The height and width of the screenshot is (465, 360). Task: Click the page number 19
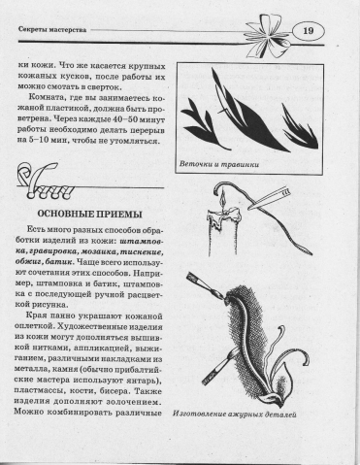tap(309, 31)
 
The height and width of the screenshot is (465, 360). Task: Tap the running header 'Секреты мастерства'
tap(52, 30)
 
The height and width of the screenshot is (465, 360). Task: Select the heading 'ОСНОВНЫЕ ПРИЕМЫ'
tap(90, 215)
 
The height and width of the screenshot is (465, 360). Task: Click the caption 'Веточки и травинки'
tap(219, 164)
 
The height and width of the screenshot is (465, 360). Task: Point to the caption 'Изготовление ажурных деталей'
tap(235, 414)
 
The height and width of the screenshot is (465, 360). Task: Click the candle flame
tap(222, 201)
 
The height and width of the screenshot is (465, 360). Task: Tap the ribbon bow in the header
tap(266, 37)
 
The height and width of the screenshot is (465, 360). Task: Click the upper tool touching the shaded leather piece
tap(207, 285)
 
